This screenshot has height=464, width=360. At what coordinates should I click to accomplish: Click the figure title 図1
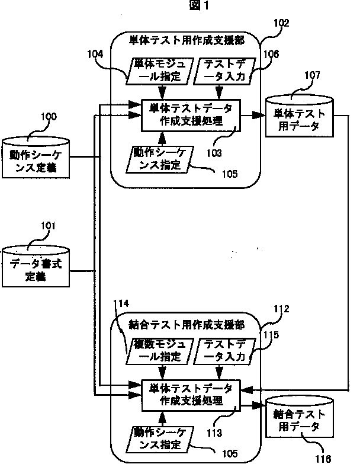coord(198,5)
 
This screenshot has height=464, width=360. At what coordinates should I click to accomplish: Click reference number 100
coord(49,117)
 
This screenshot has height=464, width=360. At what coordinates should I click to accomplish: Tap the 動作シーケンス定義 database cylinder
coord(36,158)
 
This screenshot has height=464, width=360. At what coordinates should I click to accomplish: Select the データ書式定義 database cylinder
coord(36,266)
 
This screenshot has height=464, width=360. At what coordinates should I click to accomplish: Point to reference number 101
coord(48,226)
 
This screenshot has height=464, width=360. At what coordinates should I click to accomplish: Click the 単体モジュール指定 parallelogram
coord(160,71)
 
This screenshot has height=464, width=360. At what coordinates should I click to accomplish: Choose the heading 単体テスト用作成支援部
coord(187,40)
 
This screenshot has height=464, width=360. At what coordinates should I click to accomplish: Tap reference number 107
coord(313,75)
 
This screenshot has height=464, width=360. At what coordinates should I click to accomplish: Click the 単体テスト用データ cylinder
coord(300,116)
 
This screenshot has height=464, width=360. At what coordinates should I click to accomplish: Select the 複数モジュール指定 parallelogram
coord(160,351)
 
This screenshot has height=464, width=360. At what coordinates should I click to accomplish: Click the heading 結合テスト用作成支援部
coord(187,325)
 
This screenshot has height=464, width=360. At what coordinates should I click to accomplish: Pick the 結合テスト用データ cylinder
coord(300,417)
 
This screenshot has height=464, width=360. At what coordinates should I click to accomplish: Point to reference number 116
coord(323,459)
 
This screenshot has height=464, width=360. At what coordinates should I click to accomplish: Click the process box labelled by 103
coord(191,115)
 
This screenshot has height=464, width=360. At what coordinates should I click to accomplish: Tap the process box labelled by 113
coord(191,395)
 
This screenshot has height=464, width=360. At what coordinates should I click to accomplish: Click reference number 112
coord(281,309)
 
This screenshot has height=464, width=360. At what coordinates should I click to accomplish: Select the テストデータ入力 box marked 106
coord(224,71)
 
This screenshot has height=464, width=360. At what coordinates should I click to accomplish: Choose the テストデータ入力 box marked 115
coord(224,351)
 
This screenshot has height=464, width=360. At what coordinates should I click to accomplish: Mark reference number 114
coord(121,303)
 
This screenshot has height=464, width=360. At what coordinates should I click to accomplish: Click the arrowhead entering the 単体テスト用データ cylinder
coord(259,115)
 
